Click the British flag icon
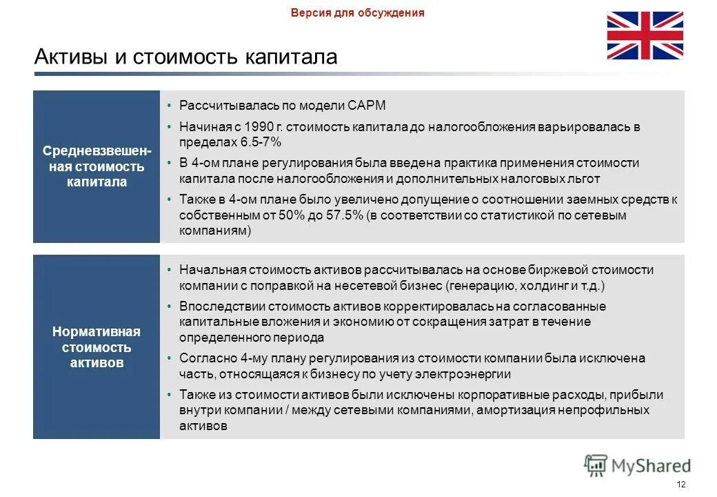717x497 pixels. (645, 35)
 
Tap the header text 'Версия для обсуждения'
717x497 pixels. (357, 12)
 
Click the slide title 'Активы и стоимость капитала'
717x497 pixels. (185, 57)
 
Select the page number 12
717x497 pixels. (681, 484)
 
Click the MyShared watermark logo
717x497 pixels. (637, 465)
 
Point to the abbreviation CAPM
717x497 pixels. (368, 106)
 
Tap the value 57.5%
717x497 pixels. (343, 216)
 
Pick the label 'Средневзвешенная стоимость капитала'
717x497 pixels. (97, 166)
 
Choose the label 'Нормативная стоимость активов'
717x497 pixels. (97, 347)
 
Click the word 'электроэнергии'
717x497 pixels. (469, 374)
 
